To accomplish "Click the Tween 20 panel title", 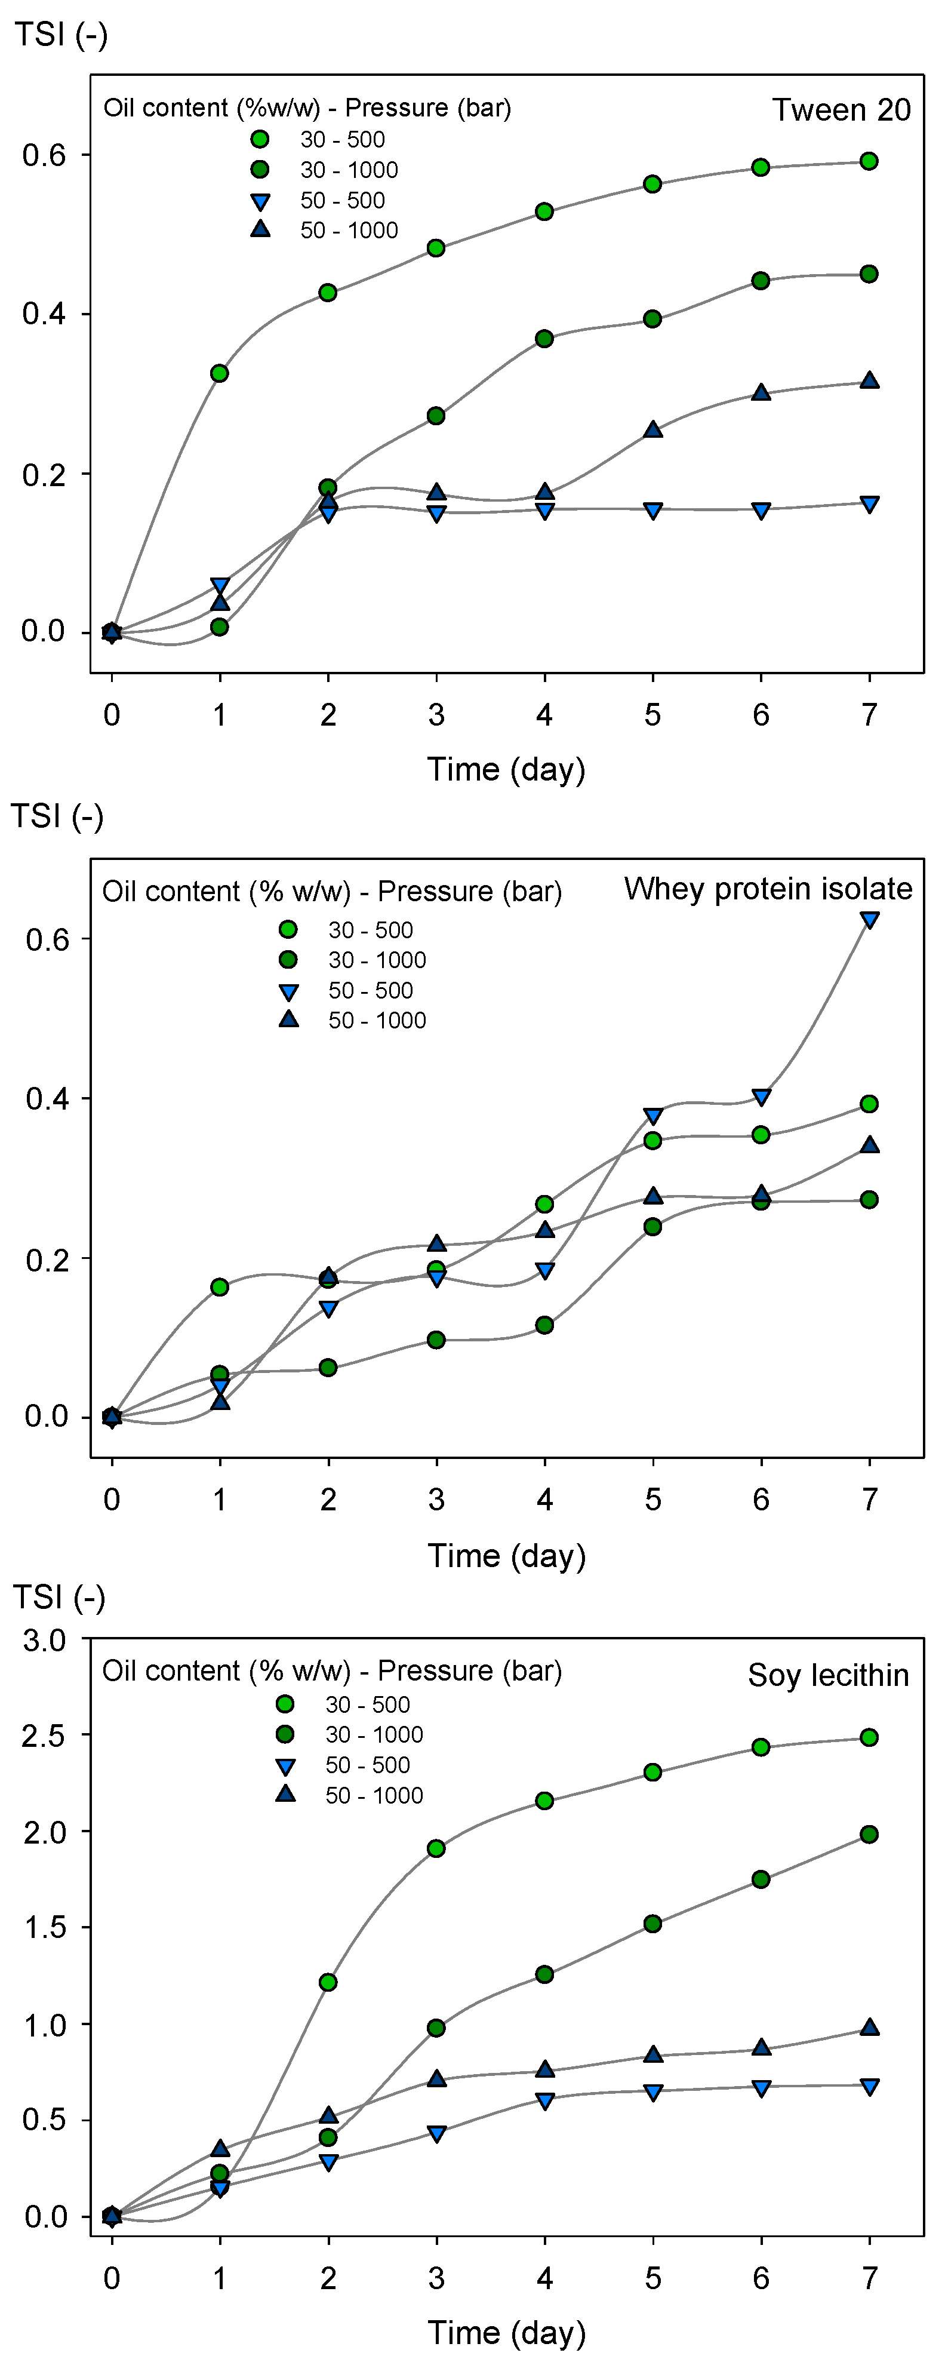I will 841,110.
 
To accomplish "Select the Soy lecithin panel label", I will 828,1675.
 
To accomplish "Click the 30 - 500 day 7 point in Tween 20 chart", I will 869,161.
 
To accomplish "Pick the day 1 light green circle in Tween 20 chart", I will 219,374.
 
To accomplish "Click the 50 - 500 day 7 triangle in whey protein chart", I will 869,920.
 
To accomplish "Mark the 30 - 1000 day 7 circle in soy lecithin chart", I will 869,1834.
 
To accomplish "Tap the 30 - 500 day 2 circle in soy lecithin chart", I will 328,1983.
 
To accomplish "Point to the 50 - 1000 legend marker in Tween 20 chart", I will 260,229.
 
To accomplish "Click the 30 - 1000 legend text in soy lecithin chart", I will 374,1734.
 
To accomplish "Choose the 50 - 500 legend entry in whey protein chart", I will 370,990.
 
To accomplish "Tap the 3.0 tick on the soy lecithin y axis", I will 44,1640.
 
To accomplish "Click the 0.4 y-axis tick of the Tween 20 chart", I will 44,314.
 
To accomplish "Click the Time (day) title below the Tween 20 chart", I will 506,769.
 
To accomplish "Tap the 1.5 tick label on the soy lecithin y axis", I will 44,1928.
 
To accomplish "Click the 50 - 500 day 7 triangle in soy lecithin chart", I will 869,2087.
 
